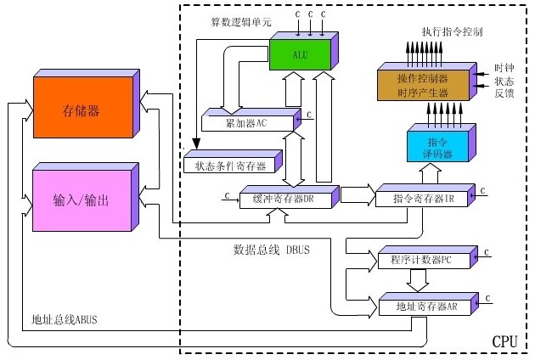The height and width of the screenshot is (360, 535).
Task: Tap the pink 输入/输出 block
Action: [81, 200]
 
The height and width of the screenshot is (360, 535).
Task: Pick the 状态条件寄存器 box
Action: [224, 164]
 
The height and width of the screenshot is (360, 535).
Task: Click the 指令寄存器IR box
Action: [422, 199]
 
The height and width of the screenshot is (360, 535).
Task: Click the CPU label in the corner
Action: [505, 341]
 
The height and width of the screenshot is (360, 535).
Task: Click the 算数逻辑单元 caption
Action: [241, 20]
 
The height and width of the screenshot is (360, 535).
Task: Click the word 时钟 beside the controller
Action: [504, 67]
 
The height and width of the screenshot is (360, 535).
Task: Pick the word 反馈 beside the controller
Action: [504, 93]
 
